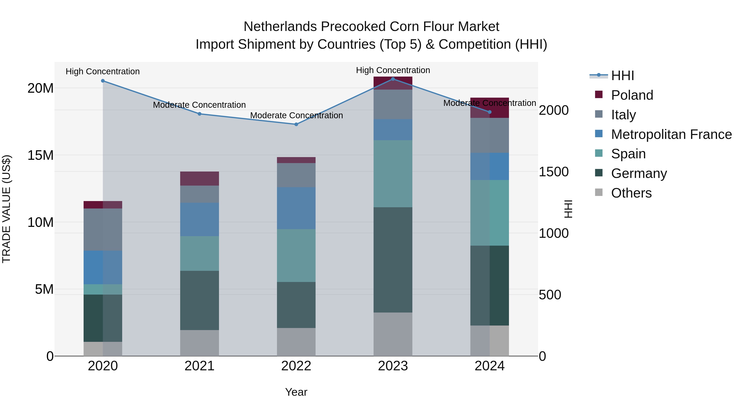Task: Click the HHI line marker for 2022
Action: (x=296, y=124)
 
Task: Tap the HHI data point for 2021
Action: (x=200, y=114)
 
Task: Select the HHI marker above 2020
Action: (x=103, y=81)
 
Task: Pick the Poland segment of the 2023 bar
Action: (x=393, y=83)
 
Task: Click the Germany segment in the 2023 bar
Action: (x=393, y=260)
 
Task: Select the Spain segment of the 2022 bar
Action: (x=296, y=256)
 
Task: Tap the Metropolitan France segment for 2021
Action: (x=200, y=220)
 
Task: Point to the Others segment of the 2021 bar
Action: (x=200, y=343)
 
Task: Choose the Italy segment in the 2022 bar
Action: (x=296, y=175)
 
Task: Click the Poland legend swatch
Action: (x=599, y=94)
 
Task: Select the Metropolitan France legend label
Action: (x=671, y=134)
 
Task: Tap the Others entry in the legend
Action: (x=631, y=193)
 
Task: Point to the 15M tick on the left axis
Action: (x=41, y=155)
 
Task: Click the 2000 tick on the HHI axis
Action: (x=554, y=110)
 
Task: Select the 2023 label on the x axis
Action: (x=393, y=366)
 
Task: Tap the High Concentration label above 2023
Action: (x=393, y=70)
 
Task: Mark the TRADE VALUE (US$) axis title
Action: (x=6, y=209)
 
